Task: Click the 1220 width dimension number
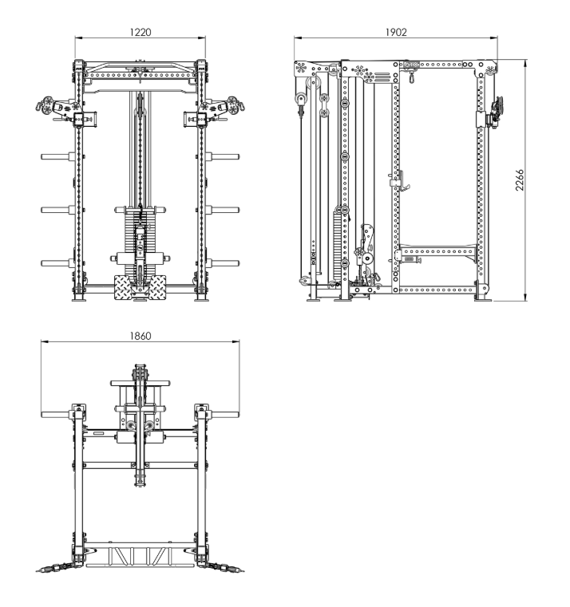(x=141, y=32)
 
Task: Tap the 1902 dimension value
(x=396, y=32)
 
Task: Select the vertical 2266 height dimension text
(x=519, y=179)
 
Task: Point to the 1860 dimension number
(x=141, y=336)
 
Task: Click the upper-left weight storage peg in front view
(x=57, y=156)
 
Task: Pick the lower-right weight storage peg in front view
(x=223, y=263)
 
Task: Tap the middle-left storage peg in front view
(x=57, y=210)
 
